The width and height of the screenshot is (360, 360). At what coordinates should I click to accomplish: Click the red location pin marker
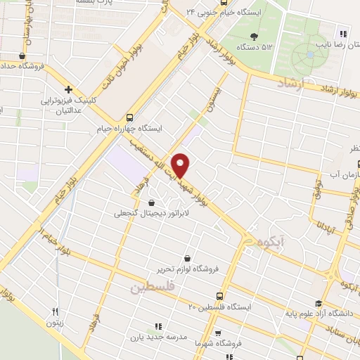tap(181, 165)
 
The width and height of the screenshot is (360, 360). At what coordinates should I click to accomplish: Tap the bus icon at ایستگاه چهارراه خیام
tap(129, 117)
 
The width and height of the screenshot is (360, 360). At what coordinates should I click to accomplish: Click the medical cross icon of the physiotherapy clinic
tap(68, 89)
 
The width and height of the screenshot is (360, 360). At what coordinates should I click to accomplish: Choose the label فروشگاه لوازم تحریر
tap(188, 269)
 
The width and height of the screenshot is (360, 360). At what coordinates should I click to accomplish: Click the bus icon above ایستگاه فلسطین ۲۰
tap(220, 296)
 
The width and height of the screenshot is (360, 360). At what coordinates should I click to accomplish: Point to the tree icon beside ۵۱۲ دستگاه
tap(253, 37)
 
